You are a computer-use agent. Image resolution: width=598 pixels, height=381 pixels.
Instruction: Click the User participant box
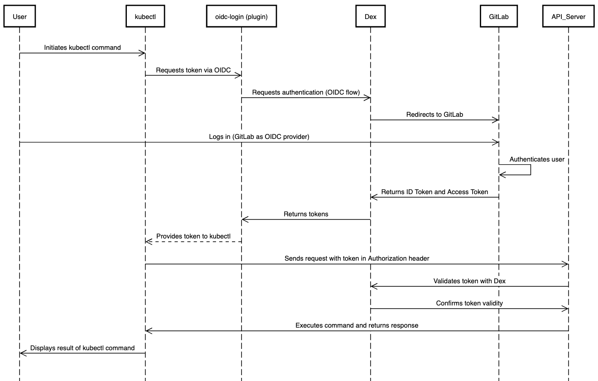tap(19, 17)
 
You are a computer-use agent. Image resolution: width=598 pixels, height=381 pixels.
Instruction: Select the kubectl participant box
tap(145, 17)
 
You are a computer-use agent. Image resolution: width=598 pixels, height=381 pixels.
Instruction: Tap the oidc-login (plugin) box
tap(241, 17)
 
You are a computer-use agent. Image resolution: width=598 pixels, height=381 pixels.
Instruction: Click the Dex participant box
tap(370, 17)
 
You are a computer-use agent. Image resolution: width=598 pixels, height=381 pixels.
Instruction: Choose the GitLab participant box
tap(498, 17)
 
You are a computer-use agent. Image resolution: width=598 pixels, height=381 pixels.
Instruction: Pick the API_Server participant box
tap(568, 17)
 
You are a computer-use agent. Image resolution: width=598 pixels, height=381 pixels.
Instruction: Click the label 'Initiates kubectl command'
tap(82, 48)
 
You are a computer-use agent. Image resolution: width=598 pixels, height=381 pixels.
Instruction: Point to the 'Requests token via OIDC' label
tap(193, 70)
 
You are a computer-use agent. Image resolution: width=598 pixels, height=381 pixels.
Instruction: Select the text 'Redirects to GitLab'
tap(434, 114)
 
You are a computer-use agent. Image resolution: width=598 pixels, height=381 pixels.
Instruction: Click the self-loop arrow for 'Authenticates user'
tap(530, 170)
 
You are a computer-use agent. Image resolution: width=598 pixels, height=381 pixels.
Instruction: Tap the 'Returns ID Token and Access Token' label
tap(434, 192)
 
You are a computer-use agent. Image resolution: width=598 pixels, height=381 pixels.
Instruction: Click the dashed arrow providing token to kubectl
tap(193, 242)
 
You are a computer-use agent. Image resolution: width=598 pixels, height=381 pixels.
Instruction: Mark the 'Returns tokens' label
tap(306, 214)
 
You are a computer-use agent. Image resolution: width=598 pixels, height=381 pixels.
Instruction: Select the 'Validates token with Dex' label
tap(469, 281)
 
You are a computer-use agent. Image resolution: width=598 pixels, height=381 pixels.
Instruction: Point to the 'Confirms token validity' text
tap(469, 303)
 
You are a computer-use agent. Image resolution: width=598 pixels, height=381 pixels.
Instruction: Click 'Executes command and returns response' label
tap(357, 325)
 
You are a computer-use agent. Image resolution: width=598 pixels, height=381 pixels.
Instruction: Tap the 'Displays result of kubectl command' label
tap(82, 348)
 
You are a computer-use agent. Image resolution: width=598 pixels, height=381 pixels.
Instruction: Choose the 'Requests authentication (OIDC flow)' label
tap(306, 92)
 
